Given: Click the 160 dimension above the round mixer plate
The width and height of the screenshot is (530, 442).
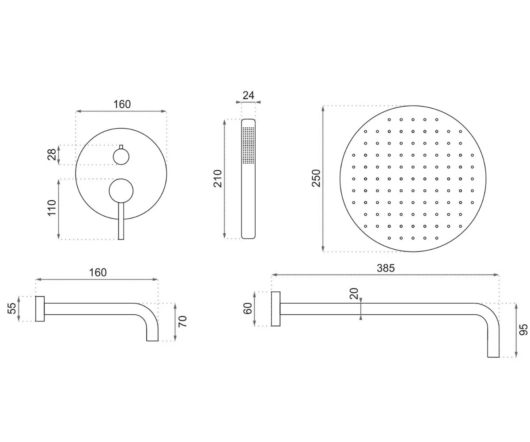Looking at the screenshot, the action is [x=122, y=104].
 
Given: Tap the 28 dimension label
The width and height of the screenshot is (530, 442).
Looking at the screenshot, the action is [x=52, y=154].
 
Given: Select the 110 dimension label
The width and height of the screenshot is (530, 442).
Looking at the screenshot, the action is [x=52, y=208].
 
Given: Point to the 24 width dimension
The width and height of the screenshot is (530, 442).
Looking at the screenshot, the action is [x=248, y=95].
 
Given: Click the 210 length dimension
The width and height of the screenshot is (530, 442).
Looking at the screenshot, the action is [x=218, y=179].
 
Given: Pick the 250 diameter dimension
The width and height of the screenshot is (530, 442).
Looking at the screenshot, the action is [x=316, y=178].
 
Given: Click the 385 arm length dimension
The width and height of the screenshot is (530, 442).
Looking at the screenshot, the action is [x=386, y=268].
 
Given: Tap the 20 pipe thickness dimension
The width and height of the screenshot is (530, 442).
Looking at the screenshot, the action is [x=354, y=293].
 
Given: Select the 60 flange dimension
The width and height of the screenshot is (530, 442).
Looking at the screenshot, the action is [x=248, y=309].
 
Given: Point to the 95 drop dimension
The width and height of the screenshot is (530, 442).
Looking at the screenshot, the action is [x=523, y=330].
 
